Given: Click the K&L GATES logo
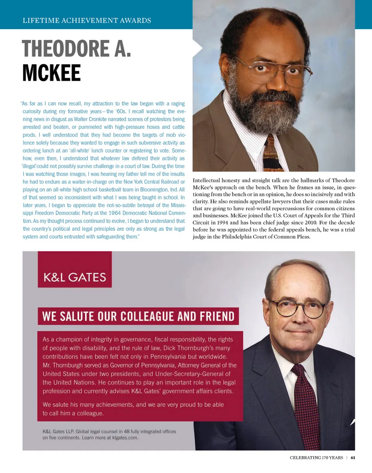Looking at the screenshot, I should pyautogui.click(x=75, y=277).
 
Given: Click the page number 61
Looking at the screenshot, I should pyautogui.click(x=353, y=458).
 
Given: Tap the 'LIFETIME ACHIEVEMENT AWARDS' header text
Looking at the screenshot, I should pyautogui.click(x=87, y=20).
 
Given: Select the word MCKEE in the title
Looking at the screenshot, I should pyautogui.click(x=51, y=72).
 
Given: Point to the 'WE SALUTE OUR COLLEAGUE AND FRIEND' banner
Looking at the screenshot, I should pyautogui.click(x=138, y=316).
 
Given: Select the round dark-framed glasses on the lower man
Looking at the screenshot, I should pyautogui.click(x=297, y=308).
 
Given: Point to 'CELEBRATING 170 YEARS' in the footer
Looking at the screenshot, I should pyautogui.click(x=316, y=458).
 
